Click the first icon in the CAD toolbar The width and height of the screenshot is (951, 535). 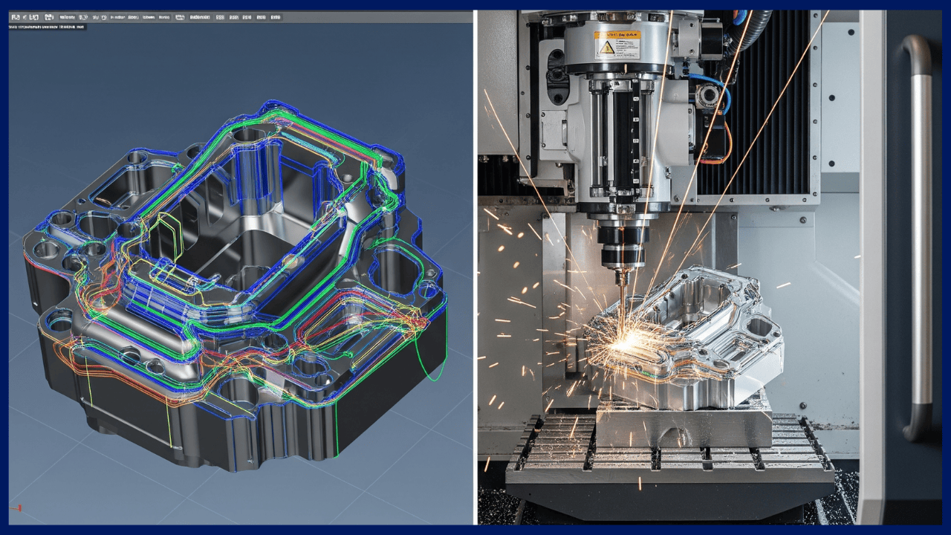[x=16, y=16]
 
